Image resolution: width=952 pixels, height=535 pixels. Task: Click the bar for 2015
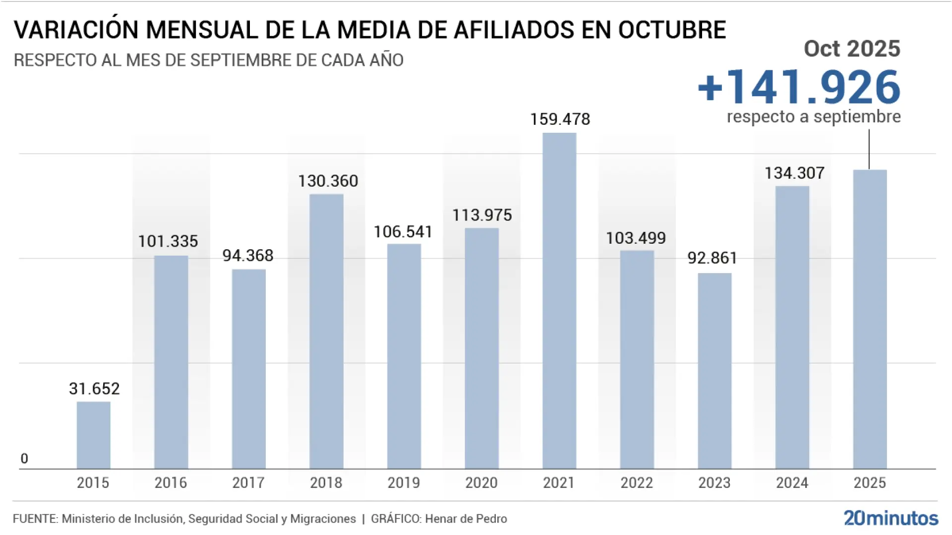(93, 435)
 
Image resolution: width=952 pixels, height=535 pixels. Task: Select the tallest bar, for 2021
(559, 300)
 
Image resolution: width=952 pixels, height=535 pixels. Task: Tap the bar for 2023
(714, 371)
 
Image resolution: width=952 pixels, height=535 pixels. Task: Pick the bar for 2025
(870, 319)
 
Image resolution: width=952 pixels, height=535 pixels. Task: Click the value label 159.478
(560, 119)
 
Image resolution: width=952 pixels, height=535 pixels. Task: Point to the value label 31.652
(94, 389)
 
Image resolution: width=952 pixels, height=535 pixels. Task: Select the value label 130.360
(328, 181)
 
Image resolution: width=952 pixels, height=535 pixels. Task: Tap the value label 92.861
(712, 258)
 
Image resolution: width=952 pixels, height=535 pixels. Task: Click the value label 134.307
(794, 173)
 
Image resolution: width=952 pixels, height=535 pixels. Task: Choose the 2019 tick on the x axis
(404, 482)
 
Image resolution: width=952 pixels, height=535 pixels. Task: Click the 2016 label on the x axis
(171, 482)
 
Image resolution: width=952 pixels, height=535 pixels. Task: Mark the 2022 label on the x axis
(637, 482)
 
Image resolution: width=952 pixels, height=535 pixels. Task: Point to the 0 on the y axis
(24, 459)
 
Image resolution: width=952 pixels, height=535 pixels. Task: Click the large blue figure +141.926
(799, 88)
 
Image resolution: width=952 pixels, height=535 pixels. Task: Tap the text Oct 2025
(851, 49)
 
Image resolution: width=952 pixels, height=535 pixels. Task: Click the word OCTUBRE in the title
(671, 30)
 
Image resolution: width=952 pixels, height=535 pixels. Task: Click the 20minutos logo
(891, 518)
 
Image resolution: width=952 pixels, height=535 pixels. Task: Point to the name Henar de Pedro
(466, 519)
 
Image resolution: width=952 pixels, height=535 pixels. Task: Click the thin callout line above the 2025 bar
(869, 149)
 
